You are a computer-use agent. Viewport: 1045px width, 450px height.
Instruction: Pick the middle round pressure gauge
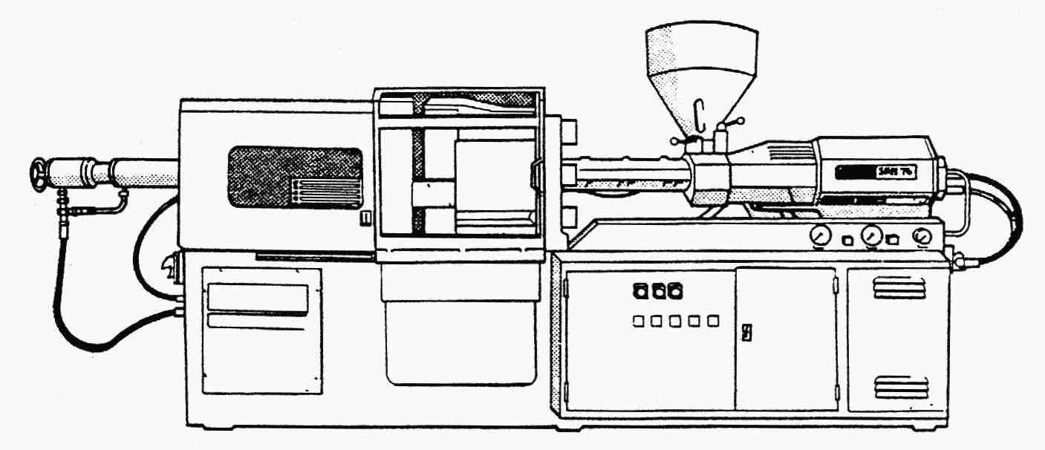tap(869, 237)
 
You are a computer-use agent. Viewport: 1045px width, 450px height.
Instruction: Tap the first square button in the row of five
tap(639, 321)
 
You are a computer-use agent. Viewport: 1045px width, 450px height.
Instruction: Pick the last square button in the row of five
tap(713, 321)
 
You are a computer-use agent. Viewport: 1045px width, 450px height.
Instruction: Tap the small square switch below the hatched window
tap(364, 218)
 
